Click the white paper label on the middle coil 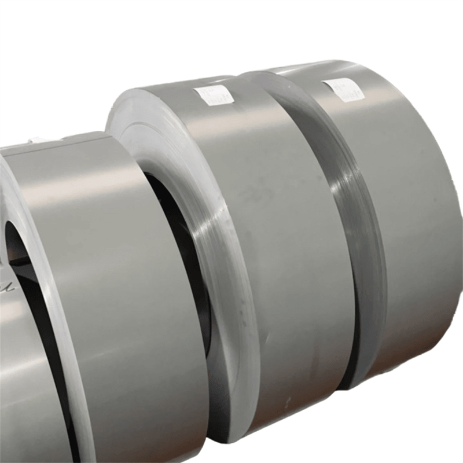214,95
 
